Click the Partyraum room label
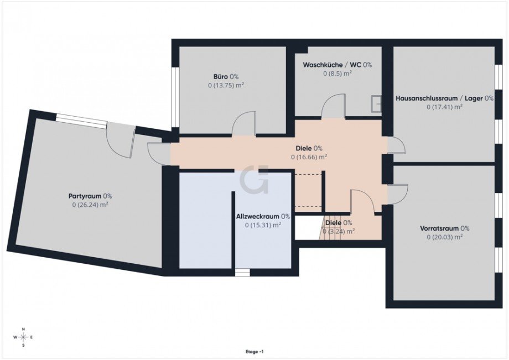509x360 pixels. [90, 196]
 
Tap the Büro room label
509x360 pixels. [226, 76]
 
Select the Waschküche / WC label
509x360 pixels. [337, 65]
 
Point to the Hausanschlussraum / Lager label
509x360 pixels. [444, 98]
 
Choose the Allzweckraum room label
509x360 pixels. [263, 216]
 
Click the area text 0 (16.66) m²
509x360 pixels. [309, 157]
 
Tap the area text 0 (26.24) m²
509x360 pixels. [90, 205]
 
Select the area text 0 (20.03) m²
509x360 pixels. [444, 237]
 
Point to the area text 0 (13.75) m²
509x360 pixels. [226, 85]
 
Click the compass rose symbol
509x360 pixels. [23, 337]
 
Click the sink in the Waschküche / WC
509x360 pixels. [376, 103]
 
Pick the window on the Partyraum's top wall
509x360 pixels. [81, 121]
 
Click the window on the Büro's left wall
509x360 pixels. [174, 97]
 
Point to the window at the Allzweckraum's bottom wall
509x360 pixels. [242, 272]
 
